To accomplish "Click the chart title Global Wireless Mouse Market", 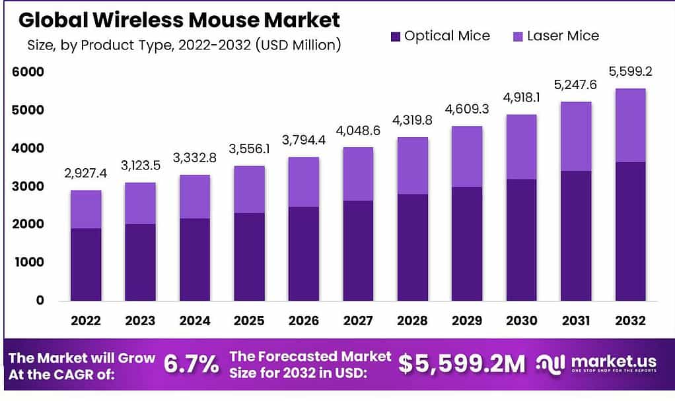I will tap(179, 20).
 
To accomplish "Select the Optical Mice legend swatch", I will tap(395, 36).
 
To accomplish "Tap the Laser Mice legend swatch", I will tap(517, 36).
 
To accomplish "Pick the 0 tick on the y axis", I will tap(40, 301).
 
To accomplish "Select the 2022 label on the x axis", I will tap(86, 321).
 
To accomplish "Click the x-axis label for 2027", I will tap(357, 321).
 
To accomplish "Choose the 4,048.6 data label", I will tap(357, 131).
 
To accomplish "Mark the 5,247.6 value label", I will tap(576, 85).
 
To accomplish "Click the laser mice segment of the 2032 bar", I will tap(630, 125).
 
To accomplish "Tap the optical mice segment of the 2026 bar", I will tap(303, 253).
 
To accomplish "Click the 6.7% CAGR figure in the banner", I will tap(191, 364).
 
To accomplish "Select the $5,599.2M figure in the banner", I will tap(462, 364).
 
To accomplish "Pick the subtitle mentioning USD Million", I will tap(184, 46).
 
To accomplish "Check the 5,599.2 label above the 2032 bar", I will tap(630, 72).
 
